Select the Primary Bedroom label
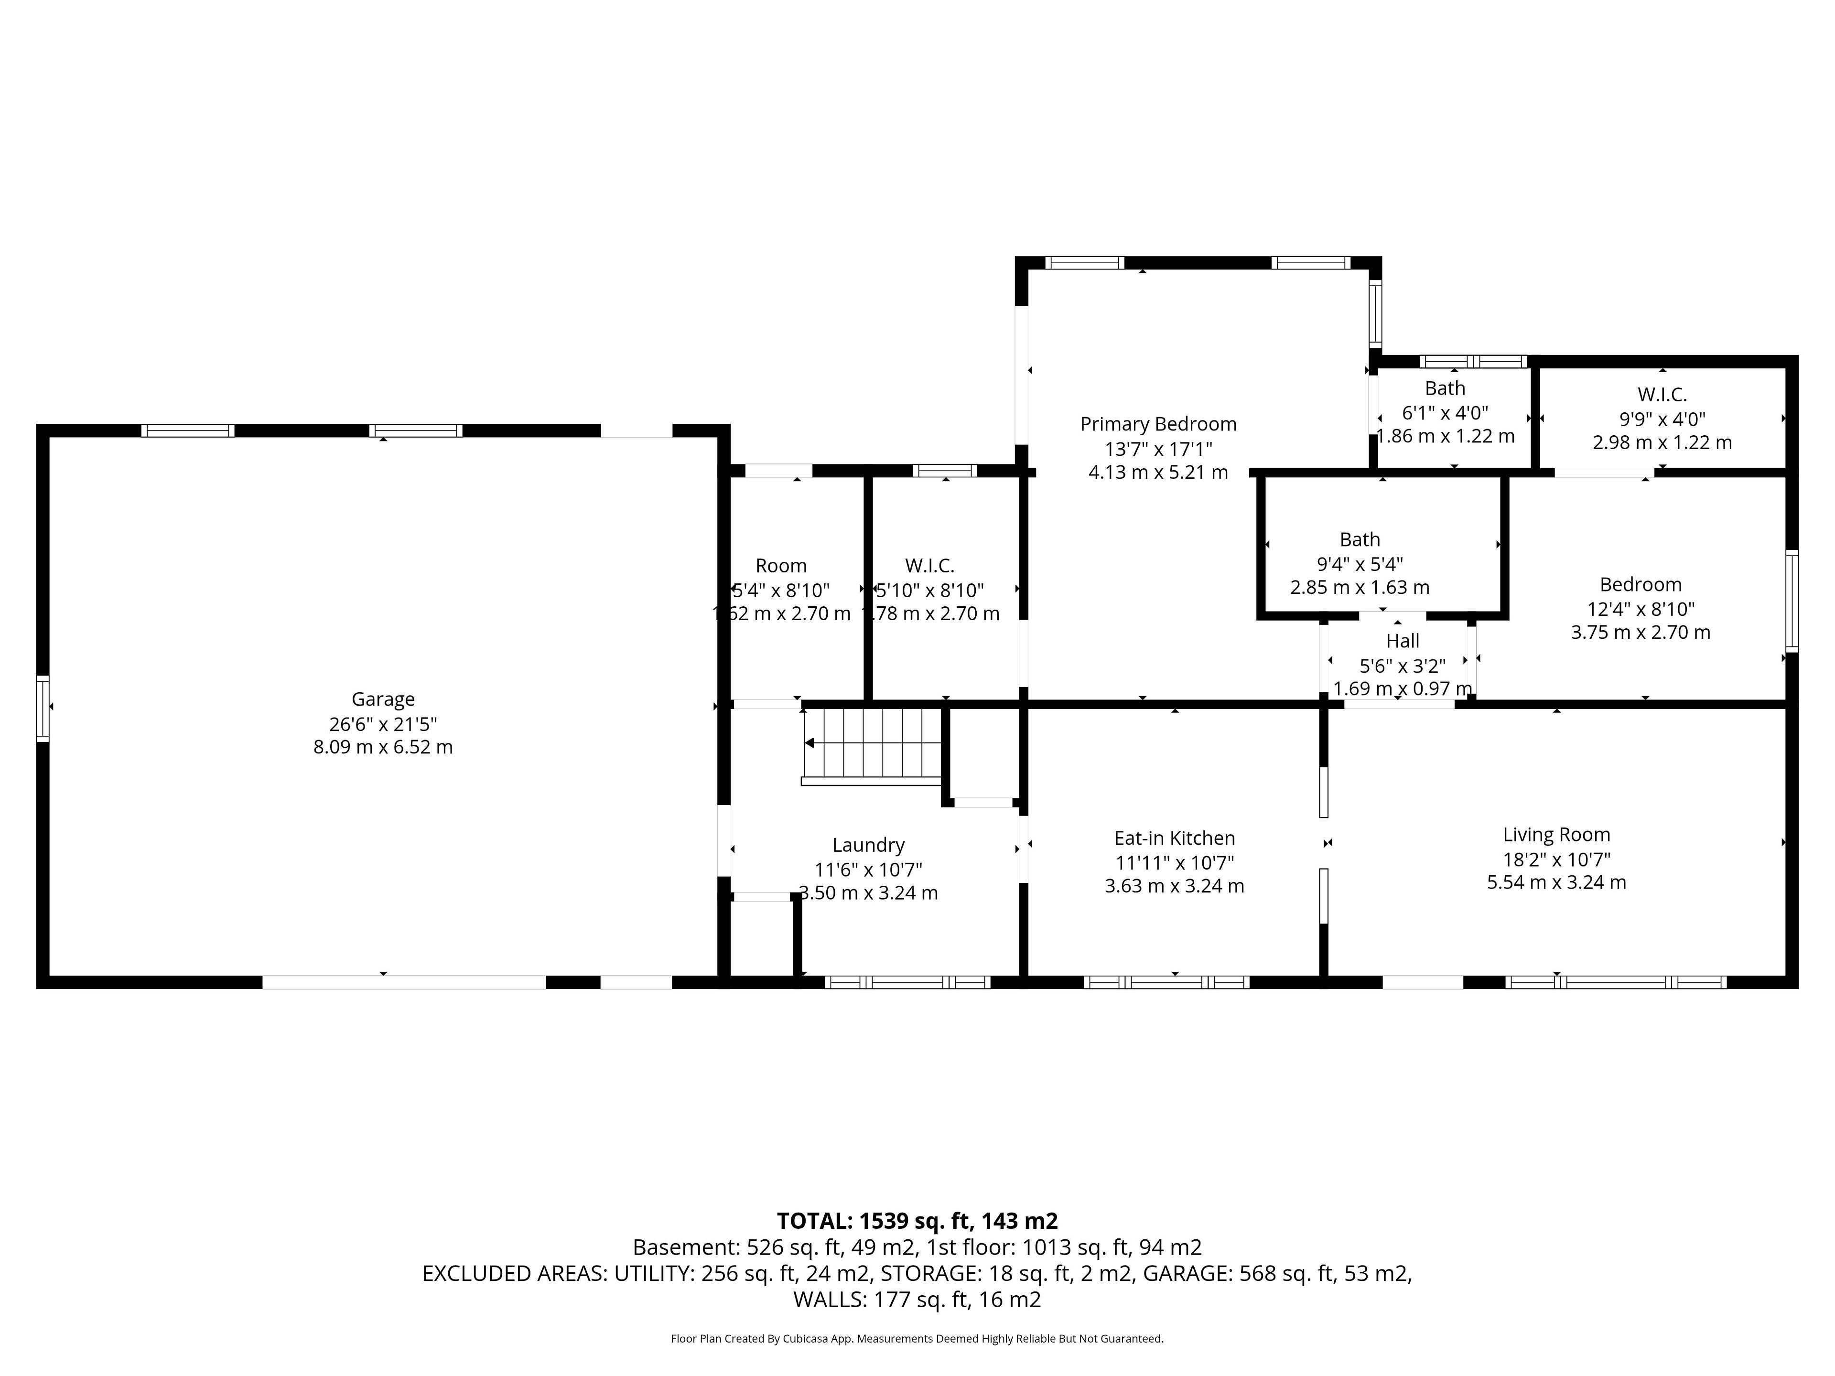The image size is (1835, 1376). [x=1158, y=424]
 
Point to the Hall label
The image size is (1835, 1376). [x=1402, y=641]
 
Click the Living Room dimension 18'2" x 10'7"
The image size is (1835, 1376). [x=1556, y=859]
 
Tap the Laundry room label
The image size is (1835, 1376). [x=868, y=845]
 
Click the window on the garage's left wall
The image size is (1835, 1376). [x=43, y=709]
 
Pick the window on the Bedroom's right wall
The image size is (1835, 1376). [x=1792, y=601]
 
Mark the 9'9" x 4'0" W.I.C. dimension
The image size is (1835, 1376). [x=1662, y=419]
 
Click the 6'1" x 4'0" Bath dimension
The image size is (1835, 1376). [x=1445, y=412]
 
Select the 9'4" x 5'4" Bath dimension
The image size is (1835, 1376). [x=1360, y=564]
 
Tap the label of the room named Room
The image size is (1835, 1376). [x=781, y=566]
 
